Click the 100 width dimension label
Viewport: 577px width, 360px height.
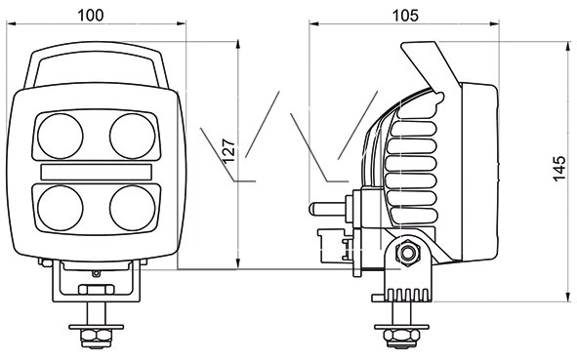[x=91, y=16]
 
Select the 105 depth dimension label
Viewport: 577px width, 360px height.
[x=405, y=16]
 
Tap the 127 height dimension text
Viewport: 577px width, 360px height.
[x=228, y=151]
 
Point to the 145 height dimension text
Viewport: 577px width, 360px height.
[x=559, y=169]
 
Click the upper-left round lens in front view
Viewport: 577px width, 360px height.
[x=61, y=136]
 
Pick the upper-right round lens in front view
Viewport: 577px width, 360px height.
[x=133, y=136]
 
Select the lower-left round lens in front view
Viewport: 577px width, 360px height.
[x=61, y=208]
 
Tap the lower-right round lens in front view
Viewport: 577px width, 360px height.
[x=133, y=208]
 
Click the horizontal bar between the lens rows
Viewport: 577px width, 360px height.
[x=97, y=172]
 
